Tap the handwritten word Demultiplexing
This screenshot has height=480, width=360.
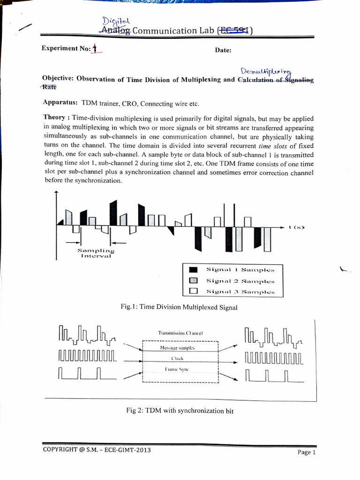point(265,71)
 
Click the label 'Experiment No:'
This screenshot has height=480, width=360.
point(66,49)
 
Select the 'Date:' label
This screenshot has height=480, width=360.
point(223,50)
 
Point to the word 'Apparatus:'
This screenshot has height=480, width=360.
point(60,103)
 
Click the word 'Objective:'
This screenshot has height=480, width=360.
point(57,78)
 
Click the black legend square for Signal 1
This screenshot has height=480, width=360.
point(193,270)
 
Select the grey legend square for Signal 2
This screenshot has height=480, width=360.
point(193,281)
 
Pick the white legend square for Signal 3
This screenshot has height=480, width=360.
point(193,291)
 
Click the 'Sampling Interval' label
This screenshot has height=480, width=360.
point(96,253)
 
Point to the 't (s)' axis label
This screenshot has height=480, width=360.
point(296,227)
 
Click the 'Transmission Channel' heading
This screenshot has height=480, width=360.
point(180,333)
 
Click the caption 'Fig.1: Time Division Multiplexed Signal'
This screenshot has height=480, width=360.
point(179,307)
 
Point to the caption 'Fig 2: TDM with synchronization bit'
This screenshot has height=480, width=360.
point(180,411)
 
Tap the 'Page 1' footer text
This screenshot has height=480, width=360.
point(307,452)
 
